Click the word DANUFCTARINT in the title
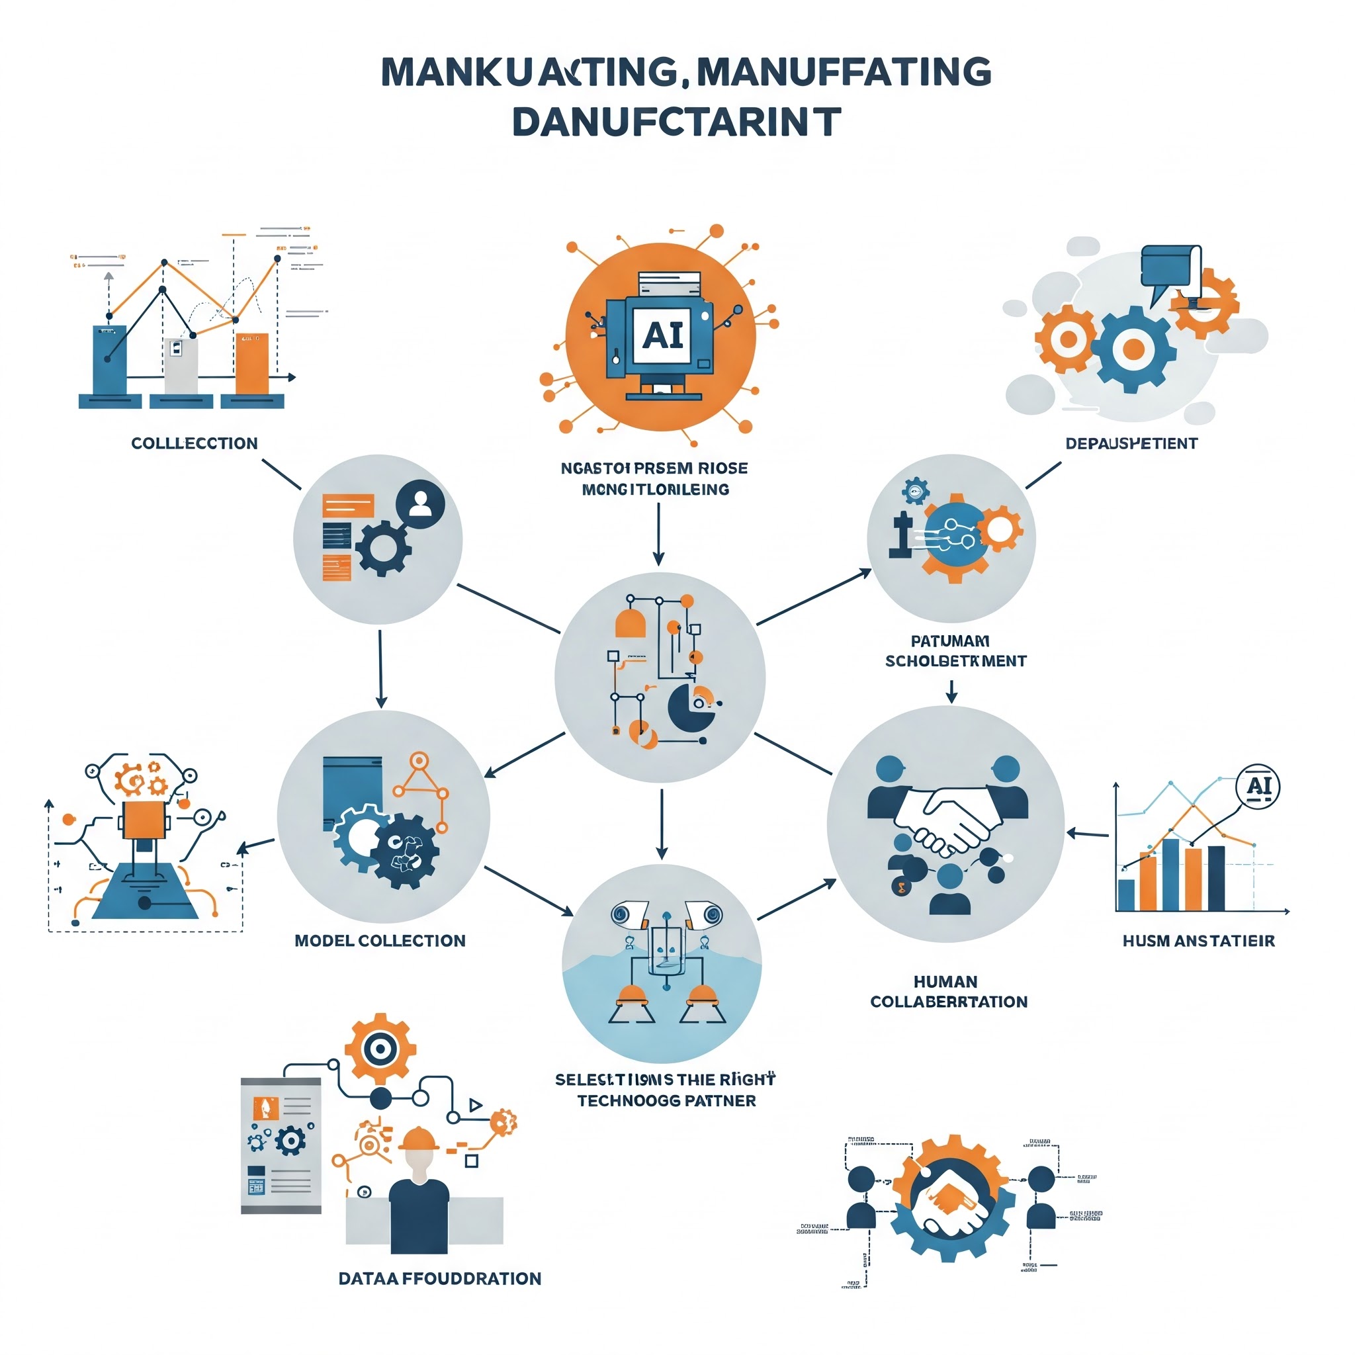tap(677, 122)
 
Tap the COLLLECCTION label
tap(195, 443)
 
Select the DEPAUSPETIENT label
tap(1131, 443)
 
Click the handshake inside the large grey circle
tap(947, 817)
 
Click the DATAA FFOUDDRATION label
tap(440, 1278)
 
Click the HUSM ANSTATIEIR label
tap(1199, 941)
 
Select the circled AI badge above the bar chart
tap(1258, 786)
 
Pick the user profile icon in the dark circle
tap(420, 502)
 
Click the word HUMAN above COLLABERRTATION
tap(945, 981)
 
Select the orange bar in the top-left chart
tap(252, 363)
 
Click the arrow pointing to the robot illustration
tap(256, 846)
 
